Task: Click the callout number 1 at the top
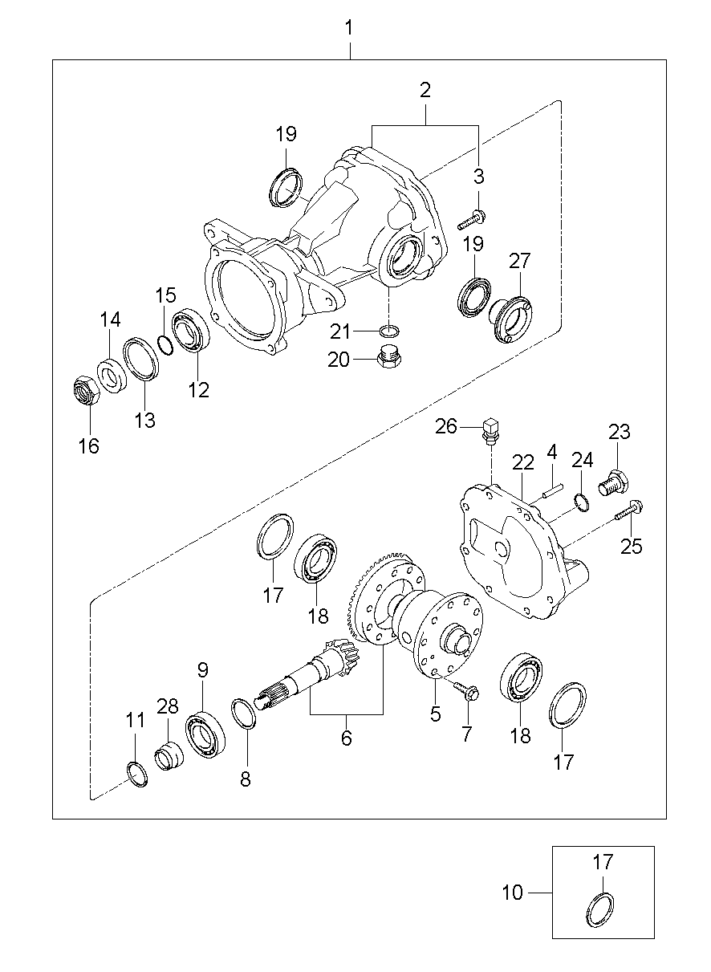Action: (x=349, y=29)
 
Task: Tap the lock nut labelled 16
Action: (x=86, y=391)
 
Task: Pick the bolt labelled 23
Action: (x=614, y=483)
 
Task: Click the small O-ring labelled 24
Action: (x=583, y=502)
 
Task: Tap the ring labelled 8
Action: (x=244, y=714)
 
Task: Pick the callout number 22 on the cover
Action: (x=522, y=462)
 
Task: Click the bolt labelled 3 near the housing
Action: (x=473, y=217)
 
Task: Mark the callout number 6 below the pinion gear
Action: (x=346, y=738)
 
